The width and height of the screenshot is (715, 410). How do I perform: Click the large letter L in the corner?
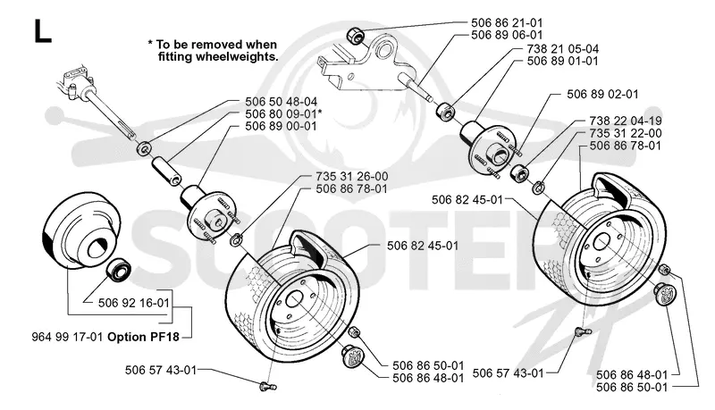42,32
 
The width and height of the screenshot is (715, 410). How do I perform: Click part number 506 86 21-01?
507,23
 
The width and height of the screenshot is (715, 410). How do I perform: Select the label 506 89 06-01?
507,35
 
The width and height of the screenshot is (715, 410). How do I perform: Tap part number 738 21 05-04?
563,49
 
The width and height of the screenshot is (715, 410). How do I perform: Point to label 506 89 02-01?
602,95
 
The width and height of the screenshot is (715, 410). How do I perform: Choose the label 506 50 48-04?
281,102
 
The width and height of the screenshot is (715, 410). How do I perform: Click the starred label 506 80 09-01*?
283,114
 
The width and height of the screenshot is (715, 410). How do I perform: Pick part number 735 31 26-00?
351,176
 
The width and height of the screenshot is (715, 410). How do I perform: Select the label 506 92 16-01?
133,303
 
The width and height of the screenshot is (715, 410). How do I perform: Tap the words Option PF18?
143,337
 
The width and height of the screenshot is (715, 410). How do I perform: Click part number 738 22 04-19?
625,121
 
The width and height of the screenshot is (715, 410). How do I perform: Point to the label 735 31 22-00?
625,133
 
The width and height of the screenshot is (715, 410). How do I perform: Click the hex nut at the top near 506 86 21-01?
355,35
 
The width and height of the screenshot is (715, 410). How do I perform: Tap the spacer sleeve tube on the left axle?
166,171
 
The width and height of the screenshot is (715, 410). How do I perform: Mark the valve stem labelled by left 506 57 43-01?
267,387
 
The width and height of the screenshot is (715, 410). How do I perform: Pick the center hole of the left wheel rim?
294,301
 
